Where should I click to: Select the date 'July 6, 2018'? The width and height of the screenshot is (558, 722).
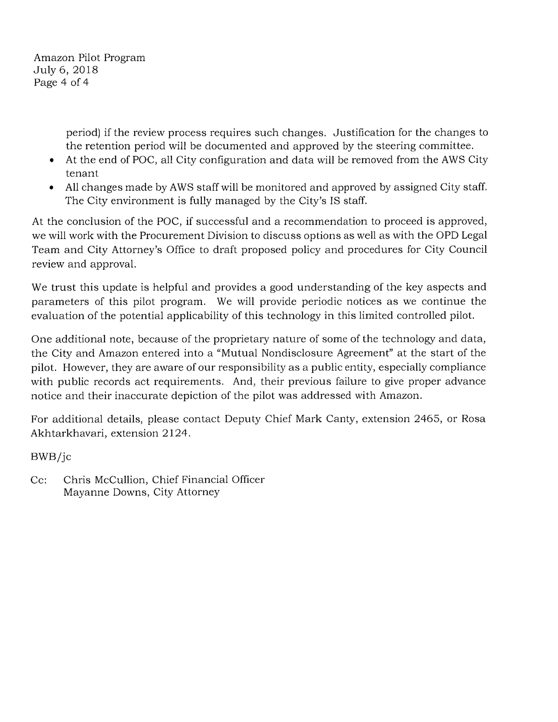[x=66, y=70]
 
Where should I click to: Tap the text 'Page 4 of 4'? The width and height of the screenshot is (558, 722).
[x=61, y=82]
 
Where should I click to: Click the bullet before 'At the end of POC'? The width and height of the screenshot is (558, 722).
[x=51, y=160]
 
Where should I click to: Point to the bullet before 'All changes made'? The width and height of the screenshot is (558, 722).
[x=51, y=188]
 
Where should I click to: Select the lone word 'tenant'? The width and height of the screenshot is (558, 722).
[x=82, y=174]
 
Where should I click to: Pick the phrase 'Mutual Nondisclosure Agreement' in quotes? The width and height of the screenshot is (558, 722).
[x=304, y=353]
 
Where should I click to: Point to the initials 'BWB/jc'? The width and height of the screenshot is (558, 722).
[x=51, y=457]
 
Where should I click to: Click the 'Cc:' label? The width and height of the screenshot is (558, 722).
[x=39, y=480]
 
